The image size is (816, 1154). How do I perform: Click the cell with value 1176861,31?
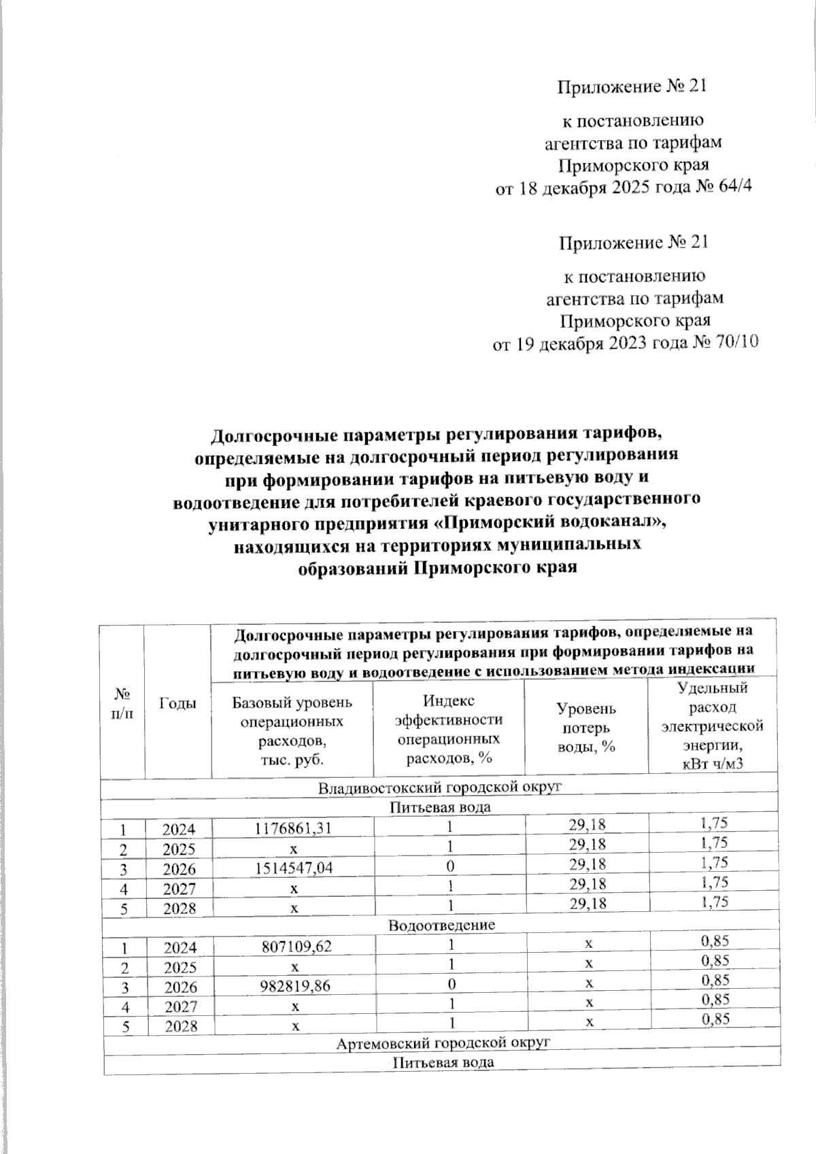click(x=294, y=828)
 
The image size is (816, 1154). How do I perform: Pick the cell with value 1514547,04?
click(x=294, y=868)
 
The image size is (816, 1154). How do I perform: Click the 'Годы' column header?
click(x=177, y=704)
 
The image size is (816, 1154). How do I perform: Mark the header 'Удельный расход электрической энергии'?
click(x=713, y=726)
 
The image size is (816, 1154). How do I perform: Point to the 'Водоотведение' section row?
click(x=441, y=926)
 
